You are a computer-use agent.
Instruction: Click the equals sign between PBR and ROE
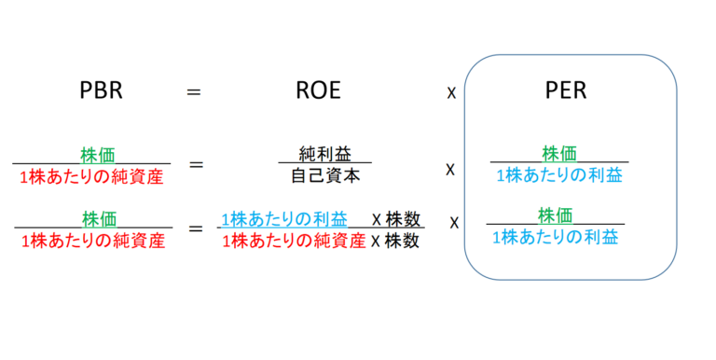[x=195, y=92]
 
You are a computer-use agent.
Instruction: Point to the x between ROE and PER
[x=451, y=94]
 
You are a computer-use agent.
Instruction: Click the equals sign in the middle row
[x=196, y=165]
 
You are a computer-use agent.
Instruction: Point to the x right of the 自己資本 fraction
[x=449, y=171]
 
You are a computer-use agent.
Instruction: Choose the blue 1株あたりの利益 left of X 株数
[x=284, y=218]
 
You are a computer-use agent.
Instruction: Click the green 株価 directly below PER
[x=559, y=152]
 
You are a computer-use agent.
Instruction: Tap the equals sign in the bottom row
[x=196, y=228]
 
